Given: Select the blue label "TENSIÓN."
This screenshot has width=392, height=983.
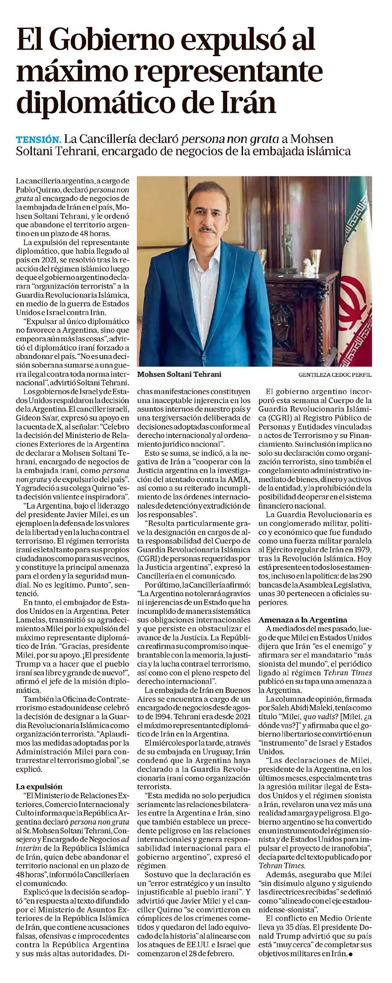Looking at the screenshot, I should point(38,140).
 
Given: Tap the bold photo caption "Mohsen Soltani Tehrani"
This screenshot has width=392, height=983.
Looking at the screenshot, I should point(179,374).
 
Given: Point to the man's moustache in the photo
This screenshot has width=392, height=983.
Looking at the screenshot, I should point(207,229).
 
